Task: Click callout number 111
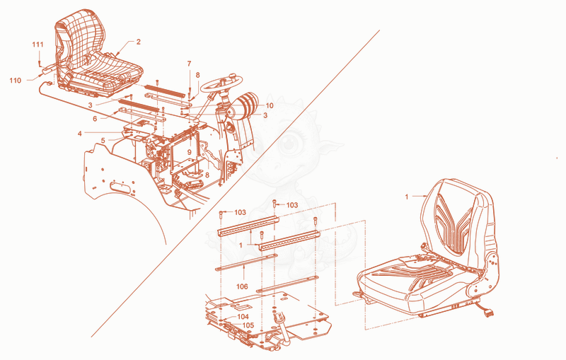coord(37,45)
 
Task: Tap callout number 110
coord(15,81)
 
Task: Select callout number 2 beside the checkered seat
coord(138,42)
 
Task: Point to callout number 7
coord(189,64)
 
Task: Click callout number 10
coord(270,105)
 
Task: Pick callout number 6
coord(95,119)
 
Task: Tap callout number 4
coord(80,134)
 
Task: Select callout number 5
coord(103,140)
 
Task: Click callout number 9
coord(189,152)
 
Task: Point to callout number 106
coord(242,286)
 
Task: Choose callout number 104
coord(243,317)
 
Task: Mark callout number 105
coord(248,325)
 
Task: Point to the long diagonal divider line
coord(236,184)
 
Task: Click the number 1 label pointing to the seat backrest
coord(407,197)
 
